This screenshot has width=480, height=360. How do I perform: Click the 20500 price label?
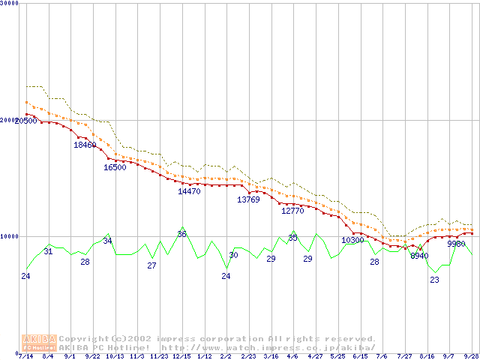pyautogui.click(x=25, y=121)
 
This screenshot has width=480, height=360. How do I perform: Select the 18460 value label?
pyautogui.click(x=85, y=145)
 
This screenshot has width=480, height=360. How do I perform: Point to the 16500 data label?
pyautogui.click(x=115, y=167)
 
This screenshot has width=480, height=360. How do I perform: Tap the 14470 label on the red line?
pyautogui.click(x=189, y=191)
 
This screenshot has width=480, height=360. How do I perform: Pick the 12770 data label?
pyautogui.click(x=292, y=211)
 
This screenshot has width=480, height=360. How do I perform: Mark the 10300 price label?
pyautogui.click(x=352, y=241)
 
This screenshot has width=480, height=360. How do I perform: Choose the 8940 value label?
pyautogui.click(x=419, y=256)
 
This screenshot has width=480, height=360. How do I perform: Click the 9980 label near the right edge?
pyautogui.click(x=456, y=244)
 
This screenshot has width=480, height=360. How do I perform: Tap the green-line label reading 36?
pyautogui.click(x=181, y=234)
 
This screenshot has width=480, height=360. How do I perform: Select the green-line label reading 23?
pyautogui.click(x=434, y=280)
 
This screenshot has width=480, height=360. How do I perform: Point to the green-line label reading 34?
pyautogui.click(x=107, y=241)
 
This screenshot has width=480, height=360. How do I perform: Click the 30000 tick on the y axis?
pyautogui.click(x=10, y=4)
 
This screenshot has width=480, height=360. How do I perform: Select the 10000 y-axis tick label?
pyautogui.click(x=10, y=236)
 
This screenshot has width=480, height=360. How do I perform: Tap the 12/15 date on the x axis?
pyautogui.click(x=181, y=356)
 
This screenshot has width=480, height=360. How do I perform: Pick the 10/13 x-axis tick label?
pyautogui.click(x=115, y=356)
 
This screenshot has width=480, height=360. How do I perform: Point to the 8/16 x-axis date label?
pyautogui.click(x=427, y=356)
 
